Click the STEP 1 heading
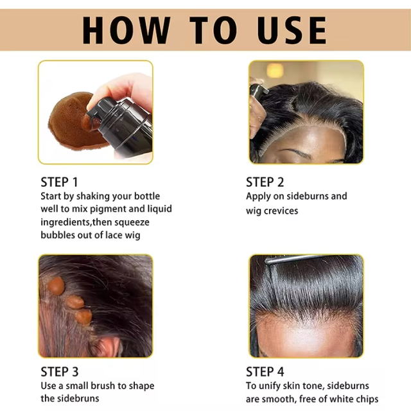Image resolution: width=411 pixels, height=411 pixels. (x=63, y=182)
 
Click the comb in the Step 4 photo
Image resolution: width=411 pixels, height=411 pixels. (x=302, y=259)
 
